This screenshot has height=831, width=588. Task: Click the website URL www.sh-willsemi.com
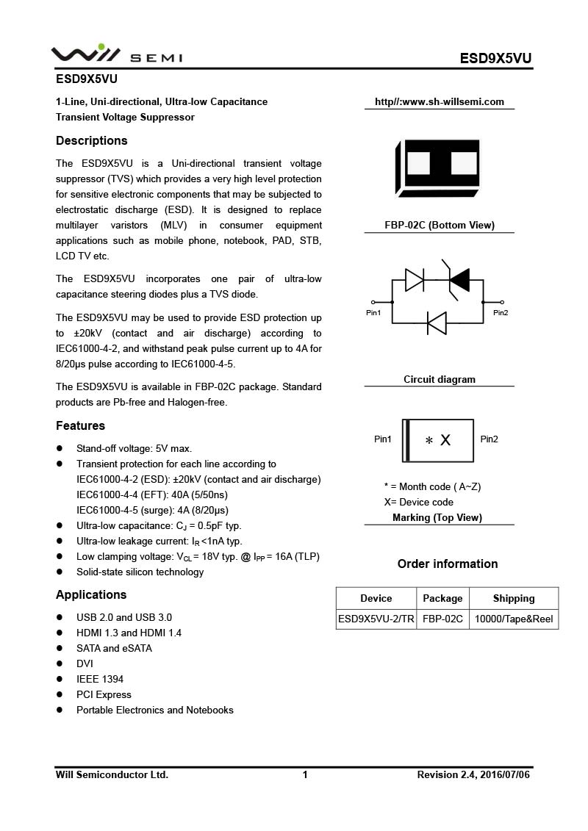point(440,102)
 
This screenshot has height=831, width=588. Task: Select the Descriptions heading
point(92,141)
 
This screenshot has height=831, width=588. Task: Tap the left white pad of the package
point(418,162)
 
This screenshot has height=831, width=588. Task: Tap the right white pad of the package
point(464,162)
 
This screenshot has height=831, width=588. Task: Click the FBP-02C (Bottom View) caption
point(440,226)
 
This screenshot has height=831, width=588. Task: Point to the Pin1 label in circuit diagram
point(373,313)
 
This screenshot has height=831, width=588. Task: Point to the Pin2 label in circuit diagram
point(501,313)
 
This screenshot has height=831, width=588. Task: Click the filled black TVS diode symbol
point(459,279)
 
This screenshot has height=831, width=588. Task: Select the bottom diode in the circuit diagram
point(437,323)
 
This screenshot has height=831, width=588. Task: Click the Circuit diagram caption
point(440,380)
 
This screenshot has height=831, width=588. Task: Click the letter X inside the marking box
point(445,440)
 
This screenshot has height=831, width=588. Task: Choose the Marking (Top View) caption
point(437,518)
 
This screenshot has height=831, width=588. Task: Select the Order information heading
point(448,564)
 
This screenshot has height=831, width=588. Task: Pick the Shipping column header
point(514,598)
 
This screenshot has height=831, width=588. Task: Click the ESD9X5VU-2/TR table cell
point(376,619)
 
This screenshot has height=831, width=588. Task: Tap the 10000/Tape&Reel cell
point(514,619)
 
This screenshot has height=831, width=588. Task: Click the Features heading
point(81,426)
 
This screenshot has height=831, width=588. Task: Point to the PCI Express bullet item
point(104,694)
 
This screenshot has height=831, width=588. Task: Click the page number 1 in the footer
point(305,774)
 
